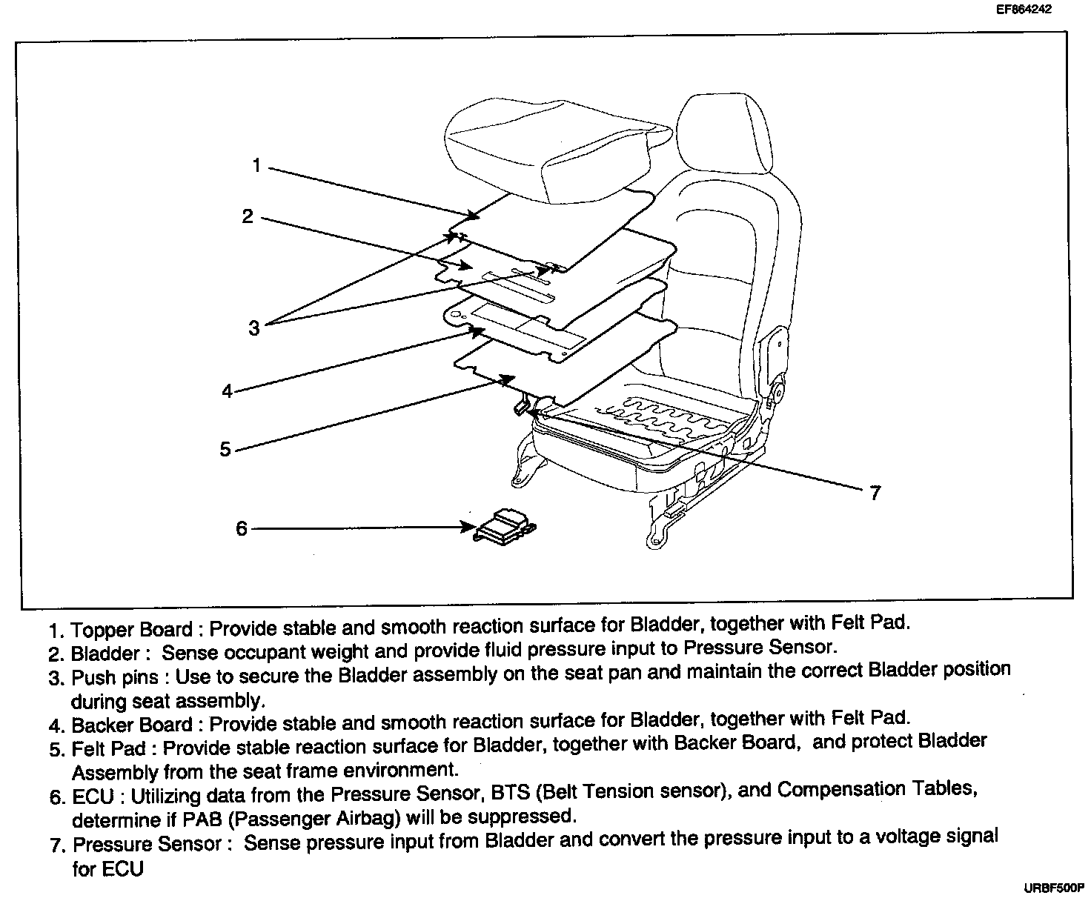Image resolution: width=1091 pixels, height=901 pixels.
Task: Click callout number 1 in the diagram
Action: coord(256,165)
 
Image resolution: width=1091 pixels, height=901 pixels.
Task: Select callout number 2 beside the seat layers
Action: coord(248,216)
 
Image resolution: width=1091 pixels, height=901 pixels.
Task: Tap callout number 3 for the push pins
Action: coord(254,328)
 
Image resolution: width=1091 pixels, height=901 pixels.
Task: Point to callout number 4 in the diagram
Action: coord(227,390)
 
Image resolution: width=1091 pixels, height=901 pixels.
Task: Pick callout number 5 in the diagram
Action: coord(225,449)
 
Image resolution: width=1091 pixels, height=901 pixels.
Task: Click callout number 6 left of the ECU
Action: coord(242,528)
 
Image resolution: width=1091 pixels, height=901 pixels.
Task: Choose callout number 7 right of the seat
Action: coord(875,493)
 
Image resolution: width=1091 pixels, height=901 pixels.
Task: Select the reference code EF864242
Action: coord(1024,10)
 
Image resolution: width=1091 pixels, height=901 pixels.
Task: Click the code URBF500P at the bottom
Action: coord(1053,886)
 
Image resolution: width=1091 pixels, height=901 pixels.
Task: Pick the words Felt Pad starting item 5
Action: coord(108,748)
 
